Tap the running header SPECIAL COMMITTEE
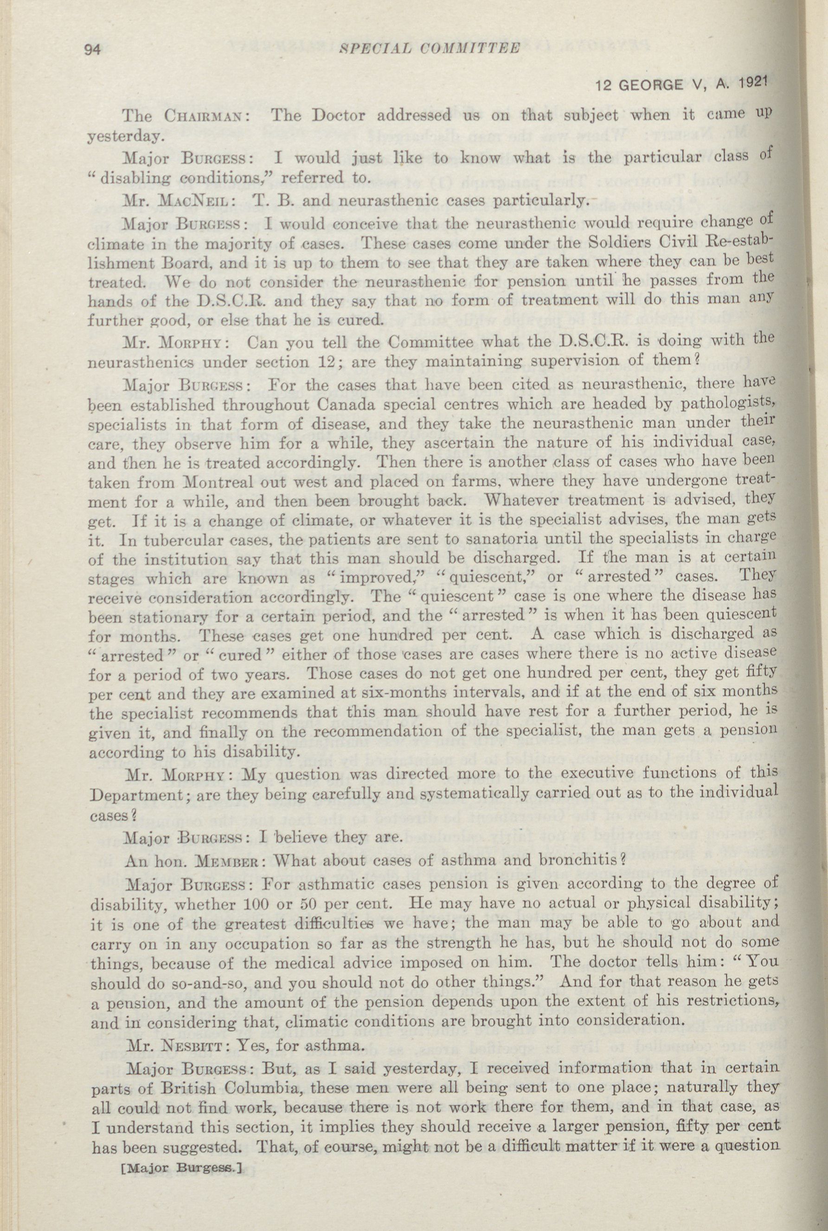tap(430, 49)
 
